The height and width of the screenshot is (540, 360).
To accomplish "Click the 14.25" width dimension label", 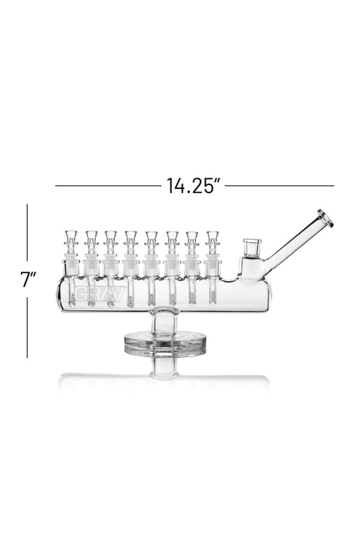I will (x=193, y=187).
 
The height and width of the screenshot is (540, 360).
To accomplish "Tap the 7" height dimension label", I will (x=29, y=279).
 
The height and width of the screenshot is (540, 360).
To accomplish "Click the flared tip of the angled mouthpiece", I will (x=325, y=218).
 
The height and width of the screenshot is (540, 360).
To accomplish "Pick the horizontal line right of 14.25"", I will (x=280, y=186).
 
